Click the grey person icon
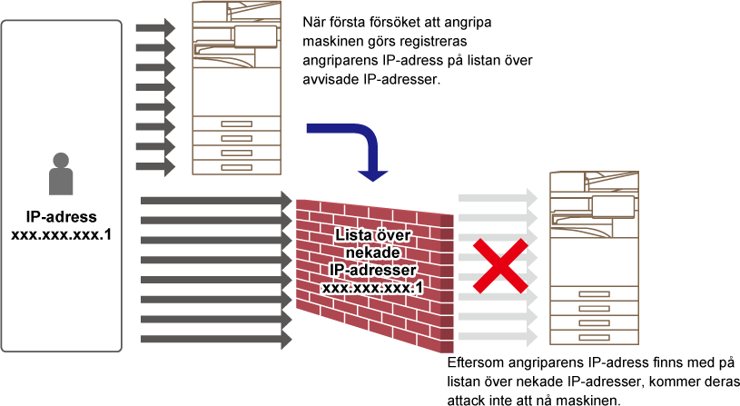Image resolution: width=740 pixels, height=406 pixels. pyautogui.click(x=61, y=173)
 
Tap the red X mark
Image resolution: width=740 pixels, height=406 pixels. pyautogui.click(x=500, y=266)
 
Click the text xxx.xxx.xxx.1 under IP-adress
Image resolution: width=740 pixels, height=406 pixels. pyautogui.click(x=62, y=234)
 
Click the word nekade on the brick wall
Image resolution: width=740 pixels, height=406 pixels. pyautogui.click(x=373, y=253)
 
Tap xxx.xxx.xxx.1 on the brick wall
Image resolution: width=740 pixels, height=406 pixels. pyautogui.click(x=373, y=288)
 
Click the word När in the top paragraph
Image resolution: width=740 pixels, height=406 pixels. pyautogui.click(x=314, y=22)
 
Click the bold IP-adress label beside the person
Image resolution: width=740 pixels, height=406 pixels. pyautogui.click(x=62, y=217)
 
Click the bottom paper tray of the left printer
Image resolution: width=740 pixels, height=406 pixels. pyautogui.click(x=236, y=167)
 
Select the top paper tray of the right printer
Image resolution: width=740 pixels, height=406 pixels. pyautogui.click(x=594, y=294)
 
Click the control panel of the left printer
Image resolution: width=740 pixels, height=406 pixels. pyautogui.click(x=255, y=37)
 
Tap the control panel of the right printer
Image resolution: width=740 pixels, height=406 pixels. pyautogui.click(x=613, y=207)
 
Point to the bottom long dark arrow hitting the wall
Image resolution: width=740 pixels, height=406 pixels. pyautogui.click(x=216, y=340)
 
